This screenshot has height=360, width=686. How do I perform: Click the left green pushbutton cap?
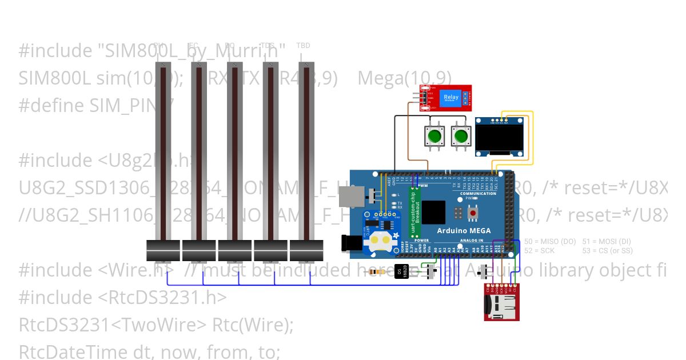tap(434, 137)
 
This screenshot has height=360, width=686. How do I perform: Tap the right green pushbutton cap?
tap(460, 137)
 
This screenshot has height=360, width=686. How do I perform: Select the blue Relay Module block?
tap(451, 97)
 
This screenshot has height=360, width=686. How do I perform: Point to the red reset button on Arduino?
tap(473, 213)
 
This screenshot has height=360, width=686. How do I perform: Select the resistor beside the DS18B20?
tap(377, 271)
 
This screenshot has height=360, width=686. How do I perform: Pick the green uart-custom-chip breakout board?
tap(417, 213)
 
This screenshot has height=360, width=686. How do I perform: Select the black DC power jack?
tap(351, 244)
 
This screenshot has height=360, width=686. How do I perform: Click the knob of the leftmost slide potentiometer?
tap(163, 250)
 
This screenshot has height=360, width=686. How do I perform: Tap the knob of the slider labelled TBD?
tap(306, 250)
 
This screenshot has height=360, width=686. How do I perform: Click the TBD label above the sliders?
tap(303, 45)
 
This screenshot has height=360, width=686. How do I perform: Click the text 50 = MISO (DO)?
tap(550, 242)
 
